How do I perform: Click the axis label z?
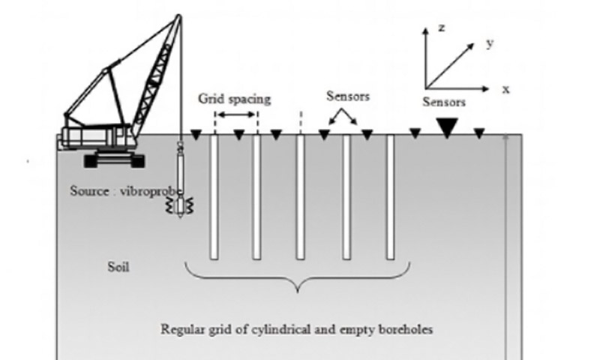coord(442,28)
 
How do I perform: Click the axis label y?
coord(490,43)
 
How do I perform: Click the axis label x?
coord(506,88)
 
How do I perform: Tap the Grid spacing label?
coord(235,99)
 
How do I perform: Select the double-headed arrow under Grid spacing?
coord(236,115)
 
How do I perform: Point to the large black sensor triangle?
coord(447,129)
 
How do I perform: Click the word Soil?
coord(118,266)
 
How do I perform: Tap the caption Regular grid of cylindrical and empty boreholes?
coord(297,328)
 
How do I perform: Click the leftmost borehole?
coord(214,196)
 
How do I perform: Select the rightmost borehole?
coord(390,196)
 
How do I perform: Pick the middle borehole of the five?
coord(300,196)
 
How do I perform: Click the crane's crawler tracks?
coord(114,160)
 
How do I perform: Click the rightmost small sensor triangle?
coord(479,133)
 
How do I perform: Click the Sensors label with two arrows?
coord(348,97)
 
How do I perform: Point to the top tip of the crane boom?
coord(178,16)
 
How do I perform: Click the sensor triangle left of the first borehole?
coord(196,135)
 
